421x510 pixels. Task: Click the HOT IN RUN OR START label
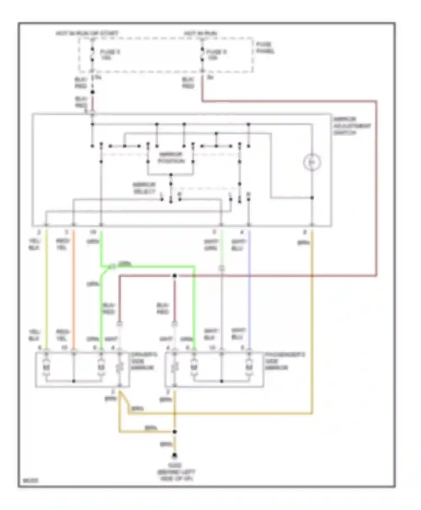[x=87, y=33]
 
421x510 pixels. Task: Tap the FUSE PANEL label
[x=265, y=48]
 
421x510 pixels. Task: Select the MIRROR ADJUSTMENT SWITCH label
[x=351, y=126]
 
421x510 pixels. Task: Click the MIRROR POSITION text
[x=171, y=158]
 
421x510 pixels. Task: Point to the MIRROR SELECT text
[x=144, y=188]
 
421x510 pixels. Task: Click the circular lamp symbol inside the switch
[x=312, y=162]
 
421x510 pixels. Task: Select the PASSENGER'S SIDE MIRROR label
[x=284, y=361]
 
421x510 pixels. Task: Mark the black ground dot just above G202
[x=175, y=455]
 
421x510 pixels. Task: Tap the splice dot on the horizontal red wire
[x=175, y=276]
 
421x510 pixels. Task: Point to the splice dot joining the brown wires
[x=175, y=432]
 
